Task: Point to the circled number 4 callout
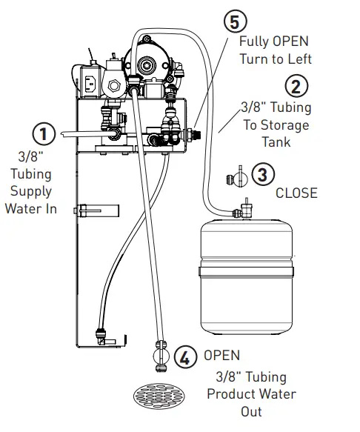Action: tap(186, 357)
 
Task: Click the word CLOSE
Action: tap(296, 193)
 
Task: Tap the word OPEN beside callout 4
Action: tap(221, 356)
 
